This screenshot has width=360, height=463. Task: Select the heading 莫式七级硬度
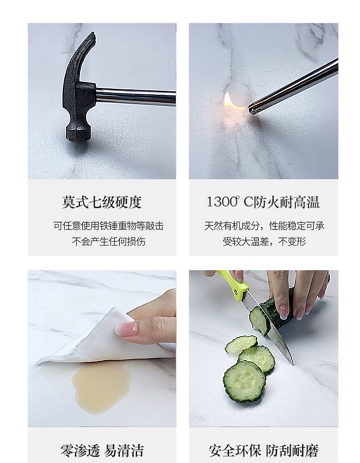(x=102, y=202)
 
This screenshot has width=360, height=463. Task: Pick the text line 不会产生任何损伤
(x=109, y=242)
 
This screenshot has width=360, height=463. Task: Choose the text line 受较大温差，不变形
(x=264, y=242)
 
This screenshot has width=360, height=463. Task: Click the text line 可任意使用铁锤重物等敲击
(x=108, y=226)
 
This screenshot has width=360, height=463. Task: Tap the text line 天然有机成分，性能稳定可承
(x=264, y=226)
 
